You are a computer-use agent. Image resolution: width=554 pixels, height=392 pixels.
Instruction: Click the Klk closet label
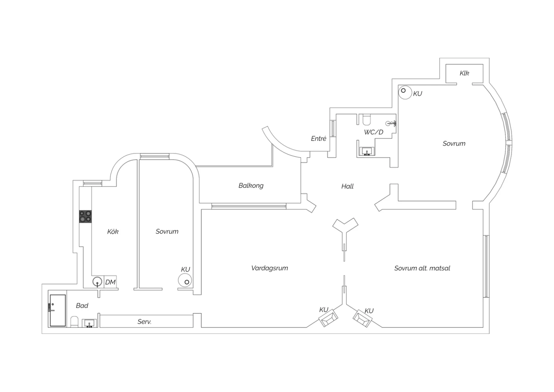point(464,73)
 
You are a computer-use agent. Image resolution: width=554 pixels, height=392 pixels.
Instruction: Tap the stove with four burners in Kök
point(85,216)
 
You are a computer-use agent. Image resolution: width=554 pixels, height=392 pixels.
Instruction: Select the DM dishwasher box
point(110,282)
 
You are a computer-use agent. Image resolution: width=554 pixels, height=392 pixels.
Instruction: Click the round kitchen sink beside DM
point(98,282)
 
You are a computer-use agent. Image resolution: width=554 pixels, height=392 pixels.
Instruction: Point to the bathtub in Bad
point(58,310)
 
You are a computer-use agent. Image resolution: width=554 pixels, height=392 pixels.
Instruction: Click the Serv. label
point(144,322)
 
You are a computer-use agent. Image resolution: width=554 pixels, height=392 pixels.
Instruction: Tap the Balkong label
point(251,185)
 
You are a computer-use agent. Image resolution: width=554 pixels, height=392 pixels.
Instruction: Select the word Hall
point(347,186)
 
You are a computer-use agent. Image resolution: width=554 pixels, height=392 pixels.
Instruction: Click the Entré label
point(318,139)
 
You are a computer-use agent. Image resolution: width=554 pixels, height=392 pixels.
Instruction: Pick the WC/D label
point(373,132)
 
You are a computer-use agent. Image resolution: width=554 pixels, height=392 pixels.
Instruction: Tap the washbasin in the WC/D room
point(367,151)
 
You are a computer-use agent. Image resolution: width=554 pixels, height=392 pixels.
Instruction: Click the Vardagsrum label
point(269,268)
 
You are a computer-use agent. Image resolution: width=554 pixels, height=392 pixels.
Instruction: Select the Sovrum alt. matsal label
point(422,268)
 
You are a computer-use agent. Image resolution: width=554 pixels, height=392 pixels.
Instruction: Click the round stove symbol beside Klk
point(405,92)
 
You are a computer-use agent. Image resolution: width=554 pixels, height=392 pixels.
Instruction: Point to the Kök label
point(113,232)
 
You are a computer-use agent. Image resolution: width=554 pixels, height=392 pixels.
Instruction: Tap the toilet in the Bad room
point(74,322)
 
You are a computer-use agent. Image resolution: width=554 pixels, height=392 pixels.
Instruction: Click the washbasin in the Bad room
point(89,324)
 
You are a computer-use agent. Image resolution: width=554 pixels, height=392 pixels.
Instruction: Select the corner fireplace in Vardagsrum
point(328,318)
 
